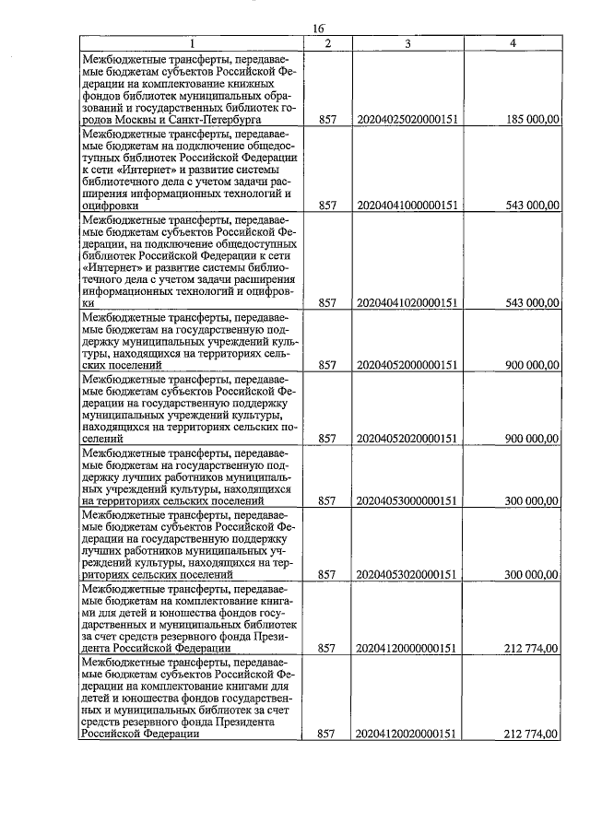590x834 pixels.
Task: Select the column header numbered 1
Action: (x=192, y=43)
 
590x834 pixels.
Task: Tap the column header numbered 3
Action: (x=407, y=43)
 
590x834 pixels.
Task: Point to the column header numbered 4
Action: (x=512, y=43)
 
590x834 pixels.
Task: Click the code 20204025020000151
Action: (x=407, y=120)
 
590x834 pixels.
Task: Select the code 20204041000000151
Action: (x=407, y=207)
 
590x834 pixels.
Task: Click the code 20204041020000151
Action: (x=407, y=302)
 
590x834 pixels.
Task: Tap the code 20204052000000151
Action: (x=407, y=365)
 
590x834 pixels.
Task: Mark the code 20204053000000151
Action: (x=407, y=501)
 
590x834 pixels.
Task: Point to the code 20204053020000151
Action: (x=407, y=575)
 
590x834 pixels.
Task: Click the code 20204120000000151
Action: (x=407, y=649)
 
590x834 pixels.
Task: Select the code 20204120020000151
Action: (x=407, y=734)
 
